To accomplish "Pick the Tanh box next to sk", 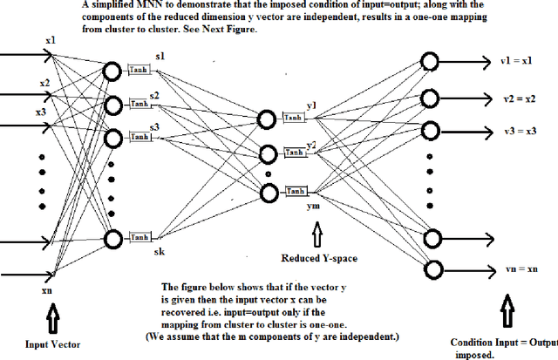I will coord(139,237).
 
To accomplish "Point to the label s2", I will coord(153,96).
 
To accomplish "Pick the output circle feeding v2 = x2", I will coord(429,96).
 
